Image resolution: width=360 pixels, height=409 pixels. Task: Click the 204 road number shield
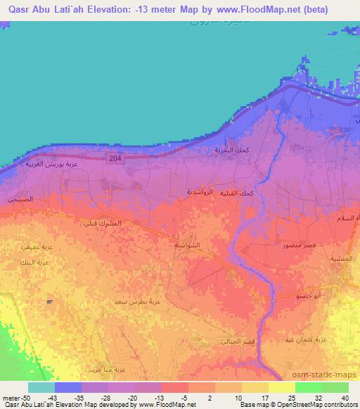tap(115, 160)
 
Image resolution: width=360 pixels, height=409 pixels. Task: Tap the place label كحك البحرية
tap(230, 151)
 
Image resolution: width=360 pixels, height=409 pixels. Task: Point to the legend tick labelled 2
tap(189, 398)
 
